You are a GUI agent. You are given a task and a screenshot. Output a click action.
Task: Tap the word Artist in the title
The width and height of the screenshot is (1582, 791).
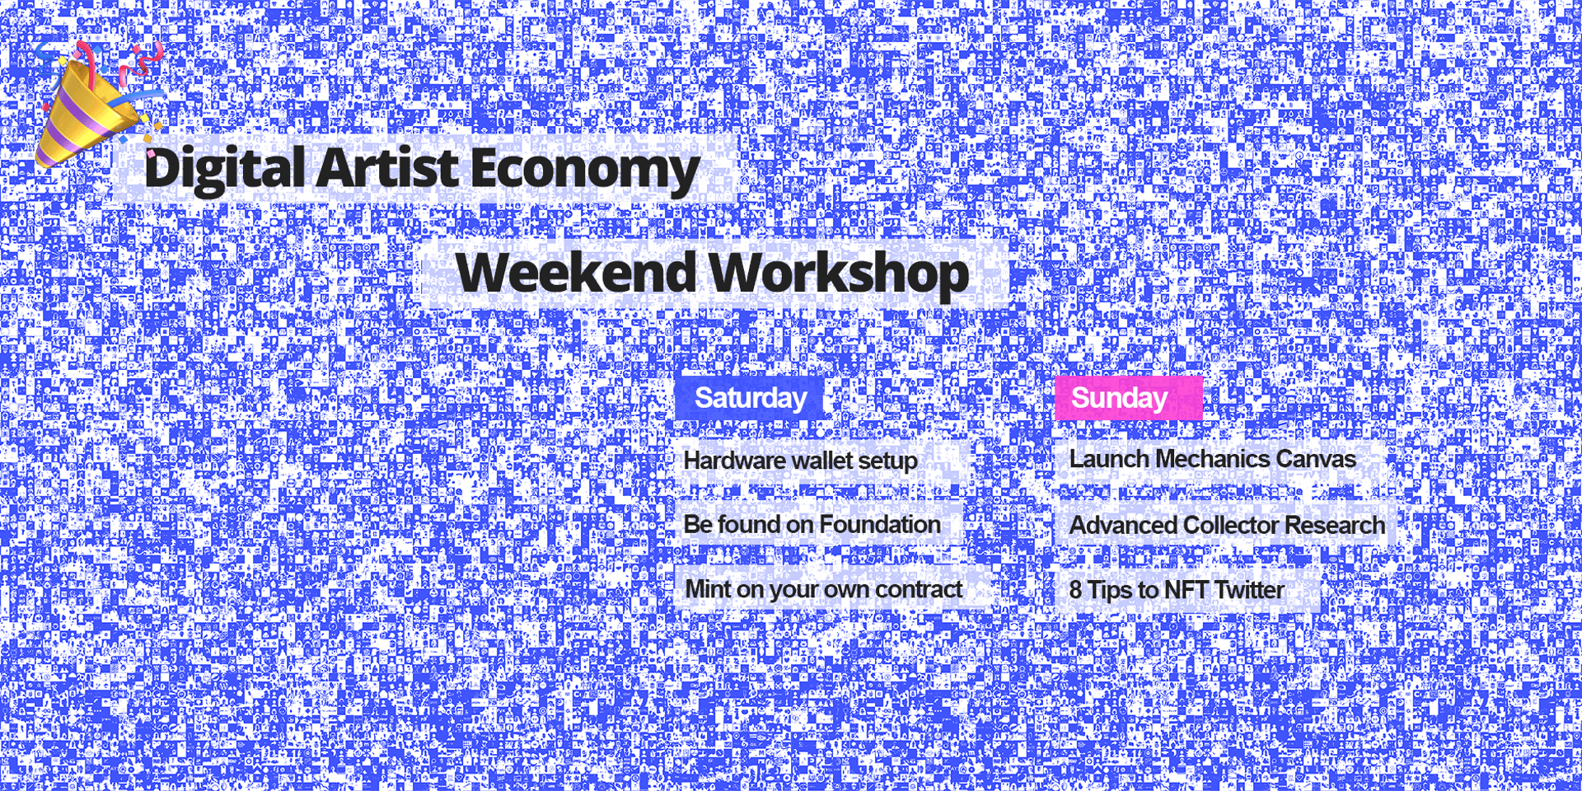tap(387, 167)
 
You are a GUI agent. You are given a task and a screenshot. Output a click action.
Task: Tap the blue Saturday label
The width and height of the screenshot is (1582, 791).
tap(750, 398)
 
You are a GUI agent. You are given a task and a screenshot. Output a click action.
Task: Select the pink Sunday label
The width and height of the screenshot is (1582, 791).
tap(1128, 398)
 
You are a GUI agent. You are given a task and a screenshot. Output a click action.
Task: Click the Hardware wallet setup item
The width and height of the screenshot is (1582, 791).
tap(800, 460)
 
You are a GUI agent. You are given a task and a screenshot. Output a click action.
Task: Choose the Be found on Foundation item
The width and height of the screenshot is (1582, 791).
tap(812, 524)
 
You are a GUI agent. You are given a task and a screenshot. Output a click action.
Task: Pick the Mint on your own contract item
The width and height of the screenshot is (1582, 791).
tap(823, 589)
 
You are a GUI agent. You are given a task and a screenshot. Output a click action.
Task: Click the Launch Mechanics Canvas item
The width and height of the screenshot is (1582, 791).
tap(1212, 459)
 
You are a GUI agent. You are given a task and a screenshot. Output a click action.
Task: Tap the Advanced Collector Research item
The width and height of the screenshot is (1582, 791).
tap(1227, 525)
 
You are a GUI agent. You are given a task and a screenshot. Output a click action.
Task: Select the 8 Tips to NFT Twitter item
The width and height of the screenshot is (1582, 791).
tap(1177, 590)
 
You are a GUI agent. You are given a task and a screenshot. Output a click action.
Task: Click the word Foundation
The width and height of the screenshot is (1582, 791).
tap(880, 524)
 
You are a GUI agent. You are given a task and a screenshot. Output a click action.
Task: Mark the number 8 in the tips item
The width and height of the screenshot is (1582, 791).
tap(1076, 590)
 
